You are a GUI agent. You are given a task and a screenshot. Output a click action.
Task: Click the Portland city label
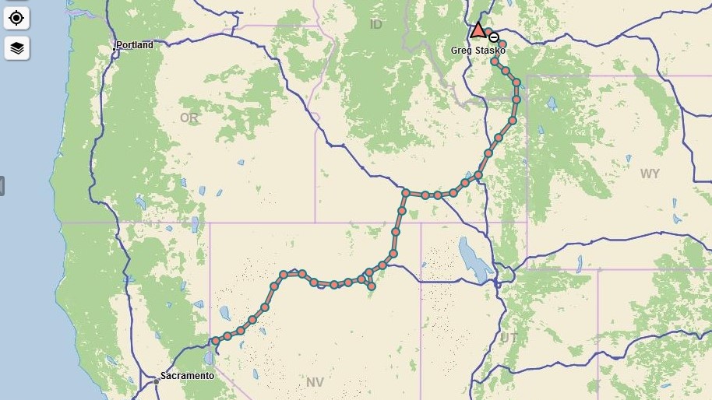pos(135,45)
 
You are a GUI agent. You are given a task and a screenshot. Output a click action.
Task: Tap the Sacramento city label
pos(187,376)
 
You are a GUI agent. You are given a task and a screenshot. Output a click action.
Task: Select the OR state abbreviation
pos(189,118)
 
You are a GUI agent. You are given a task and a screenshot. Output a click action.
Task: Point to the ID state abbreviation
pos(376,25)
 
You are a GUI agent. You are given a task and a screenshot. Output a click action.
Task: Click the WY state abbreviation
pos(650,174)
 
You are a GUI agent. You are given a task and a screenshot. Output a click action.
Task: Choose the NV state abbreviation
pos(315,382)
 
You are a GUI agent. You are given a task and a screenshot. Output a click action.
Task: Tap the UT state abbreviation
pos(509,338)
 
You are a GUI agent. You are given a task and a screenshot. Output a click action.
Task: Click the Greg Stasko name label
pos(478,51)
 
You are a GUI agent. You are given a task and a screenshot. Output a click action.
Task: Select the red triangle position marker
pos(478,31)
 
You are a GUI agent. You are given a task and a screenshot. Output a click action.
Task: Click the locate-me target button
pos(16,17)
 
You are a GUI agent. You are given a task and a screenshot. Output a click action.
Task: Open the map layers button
pos(16,48)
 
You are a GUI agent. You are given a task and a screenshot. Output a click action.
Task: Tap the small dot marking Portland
pos(114,49)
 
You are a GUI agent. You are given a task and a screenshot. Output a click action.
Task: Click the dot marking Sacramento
pos(157,381)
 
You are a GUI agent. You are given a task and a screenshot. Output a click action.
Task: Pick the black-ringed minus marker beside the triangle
pos(494,37)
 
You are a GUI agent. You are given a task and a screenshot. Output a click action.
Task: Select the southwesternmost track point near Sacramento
pos(216,341)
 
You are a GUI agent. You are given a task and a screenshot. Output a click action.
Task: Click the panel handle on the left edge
pos(2,186)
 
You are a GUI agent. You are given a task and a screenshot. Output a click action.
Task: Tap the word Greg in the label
pos(461,51)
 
